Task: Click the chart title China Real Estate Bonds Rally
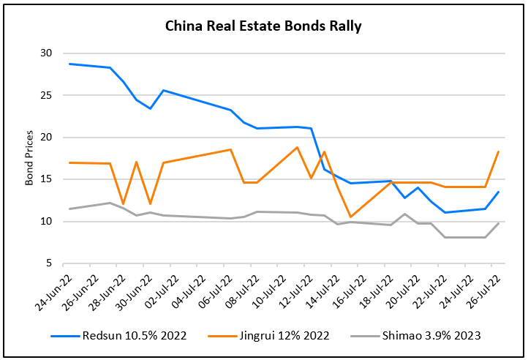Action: pos(263,27)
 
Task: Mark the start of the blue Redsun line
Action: pos(69,64)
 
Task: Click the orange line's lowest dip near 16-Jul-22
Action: pos(351,217)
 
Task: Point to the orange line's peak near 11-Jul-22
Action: pos(297,147)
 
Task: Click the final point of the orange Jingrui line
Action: pos(498,151)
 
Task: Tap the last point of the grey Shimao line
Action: pos(498,223)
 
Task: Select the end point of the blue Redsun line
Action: pos(498,192)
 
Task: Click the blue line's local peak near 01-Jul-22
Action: pos(163,90)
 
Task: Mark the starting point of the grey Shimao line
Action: pos(69,209)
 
